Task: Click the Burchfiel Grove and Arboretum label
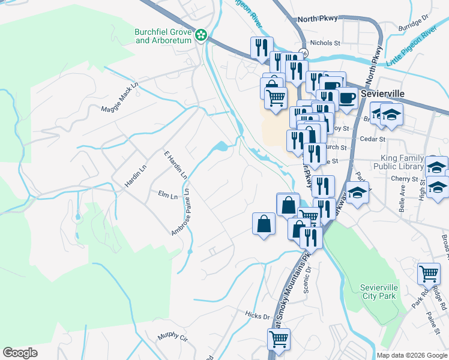coord(163,36)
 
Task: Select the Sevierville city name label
coord(383,94)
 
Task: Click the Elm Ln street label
coord(167,196)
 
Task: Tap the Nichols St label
coord(326,43)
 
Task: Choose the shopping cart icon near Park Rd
coord(429,274)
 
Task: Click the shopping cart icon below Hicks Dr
coord(279,338)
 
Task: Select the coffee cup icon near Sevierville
coord(347,97)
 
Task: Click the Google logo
coord(20,353)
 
